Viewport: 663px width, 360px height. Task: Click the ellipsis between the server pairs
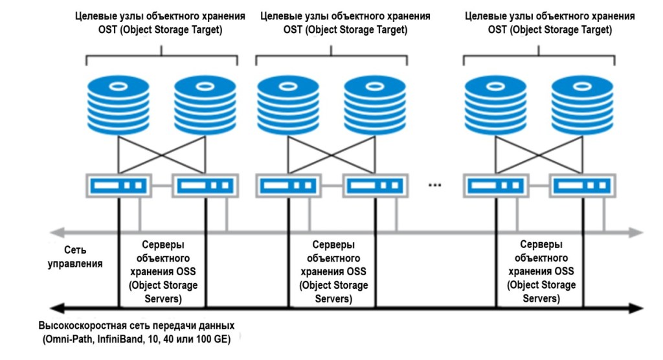[x=435, y=186]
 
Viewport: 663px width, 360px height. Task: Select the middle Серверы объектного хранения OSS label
[x=333, y=272]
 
